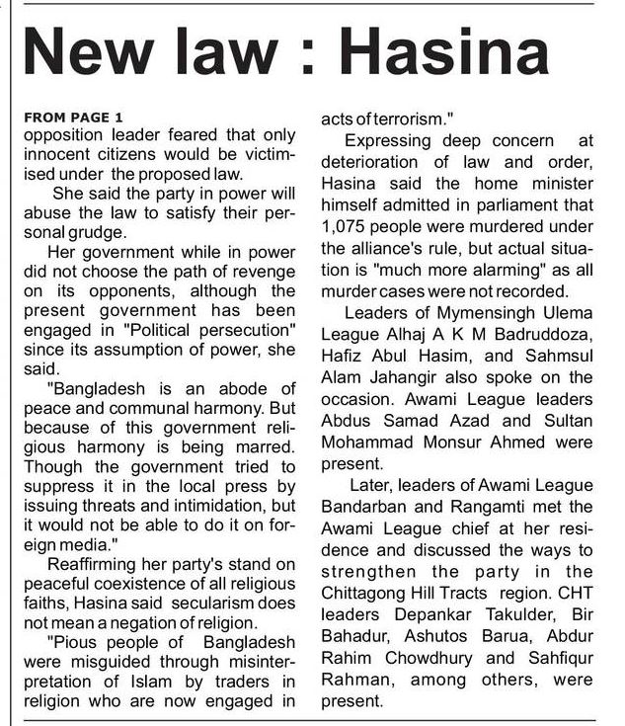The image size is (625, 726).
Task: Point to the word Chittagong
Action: click(x=379, y=593)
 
